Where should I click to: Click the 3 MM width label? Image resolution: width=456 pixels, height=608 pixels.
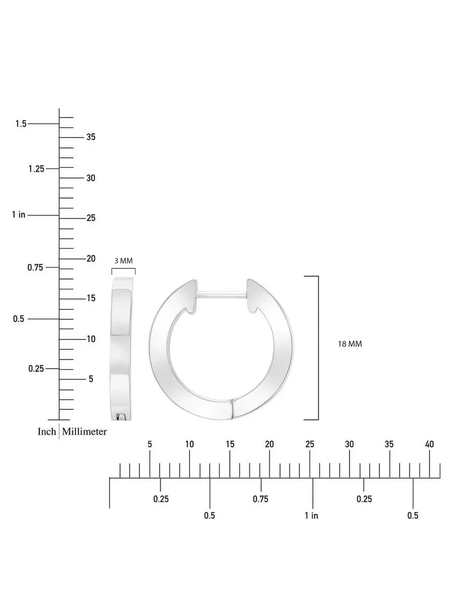coord(124,260)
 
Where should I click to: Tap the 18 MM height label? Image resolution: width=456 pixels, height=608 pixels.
coord(350,344)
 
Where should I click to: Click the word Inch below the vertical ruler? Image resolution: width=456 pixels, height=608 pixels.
coord(47,432)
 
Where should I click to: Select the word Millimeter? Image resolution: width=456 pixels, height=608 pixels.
coord(84,432)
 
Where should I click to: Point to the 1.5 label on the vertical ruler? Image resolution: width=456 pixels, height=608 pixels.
coord(21,124)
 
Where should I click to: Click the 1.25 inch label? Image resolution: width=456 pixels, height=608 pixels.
coord(36,169)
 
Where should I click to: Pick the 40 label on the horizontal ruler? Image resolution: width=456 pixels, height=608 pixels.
coord(429,444)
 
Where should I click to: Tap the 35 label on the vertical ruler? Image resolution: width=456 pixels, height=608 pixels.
coord(91,137)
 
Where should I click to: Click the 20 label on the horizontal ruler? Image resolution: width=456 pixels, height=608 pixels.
coord(270,444)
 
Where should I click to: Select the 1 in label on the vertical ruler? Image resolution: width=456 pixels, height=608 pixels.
coord(19,214)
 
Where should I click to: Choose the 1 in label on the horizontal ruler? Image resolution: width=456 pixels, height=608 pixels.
coord(312,515)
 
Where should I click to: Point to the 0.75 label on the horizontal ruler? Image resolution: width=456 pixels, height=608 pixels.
coord(260,499)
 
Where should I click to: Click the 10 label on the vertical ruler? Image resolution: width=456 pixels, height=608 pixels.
coord(91,339)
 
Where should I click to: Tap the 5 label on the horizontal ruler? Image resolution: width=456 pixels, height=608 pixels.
coord(150,444)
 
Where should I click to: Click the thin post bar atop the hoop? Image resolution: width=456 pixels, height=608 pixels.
coord(222,295)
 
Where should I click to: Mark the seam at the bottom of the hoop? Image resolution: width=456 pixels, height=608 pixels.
coord(233,408)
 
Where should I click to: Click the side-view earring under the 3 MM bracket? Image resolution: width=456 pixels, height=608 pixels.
coord(121,349)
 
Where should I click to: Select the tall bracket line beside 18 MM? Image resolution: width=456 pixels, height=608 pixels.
coord(318,348)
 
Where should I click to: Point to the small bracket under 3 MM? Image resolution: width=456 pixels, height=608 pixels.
coord(124,269)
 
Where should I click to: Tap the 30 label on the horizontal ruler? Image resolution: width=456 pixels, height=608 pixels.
coord(350,444)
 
